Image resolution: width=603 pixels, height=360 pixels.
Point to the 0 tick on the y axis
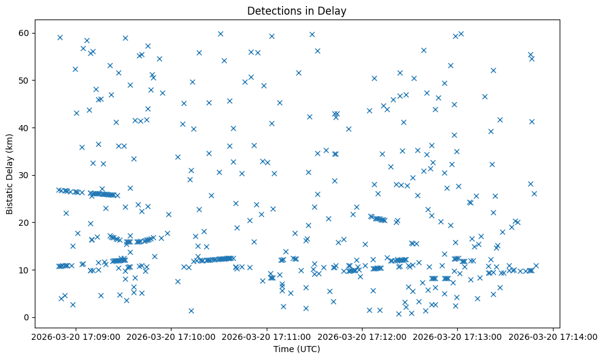click(27, 317)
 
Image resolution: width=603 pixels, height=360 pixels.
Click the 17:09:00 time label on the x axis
click(76, 336)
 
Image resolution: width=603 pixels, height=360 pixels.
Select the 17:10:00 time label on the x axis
click(172, 336)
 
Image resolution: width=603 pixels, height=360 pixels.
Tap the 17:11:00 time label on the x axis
click(267, 336)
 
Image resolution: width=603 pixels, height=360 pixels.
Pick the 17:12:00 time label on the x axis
click(362, 336)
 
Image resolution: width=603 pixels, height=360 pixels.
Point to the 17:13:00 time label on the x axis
click(457, 336)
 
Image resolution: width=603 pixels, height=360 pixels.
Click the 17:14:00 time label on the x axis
click(552, 336)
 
